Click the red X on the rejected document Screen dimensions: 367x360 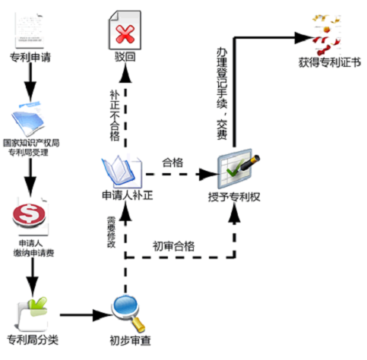[125, 34]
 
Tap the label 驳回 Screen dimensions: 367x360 [125, 57]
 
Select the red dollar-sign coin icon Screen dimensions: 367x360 [29, 213]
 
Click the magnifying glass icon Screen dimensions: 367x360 [128, 314]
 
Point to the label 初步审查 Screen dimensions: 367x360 [130, 340]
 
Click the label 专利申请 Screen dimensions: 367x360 [30, 58]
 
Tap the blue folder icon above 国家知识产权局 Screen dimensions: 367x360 [28, 118]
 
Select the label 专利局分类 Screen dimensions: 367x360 [33, 339]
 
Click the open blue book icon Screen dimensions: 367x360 [122, 171]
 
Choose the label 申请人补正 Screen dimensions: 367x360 [128, 195]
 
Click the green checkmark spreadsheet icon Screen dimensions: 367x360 [239, 168]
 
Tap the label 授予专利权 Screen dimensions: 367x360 [234, 197]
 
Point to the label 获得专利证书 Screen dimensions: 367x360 [330, 62]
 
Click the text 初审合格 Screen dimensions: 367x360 [173, 246]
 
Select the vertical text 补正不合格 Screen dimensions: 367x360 [115, 115]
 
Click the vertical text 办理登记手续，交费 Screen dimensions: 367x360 [222, 93]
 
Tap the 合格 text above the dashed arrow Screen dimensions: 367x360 [172, 163]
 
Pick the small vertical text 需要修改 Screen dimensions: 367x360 [111, 232]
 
